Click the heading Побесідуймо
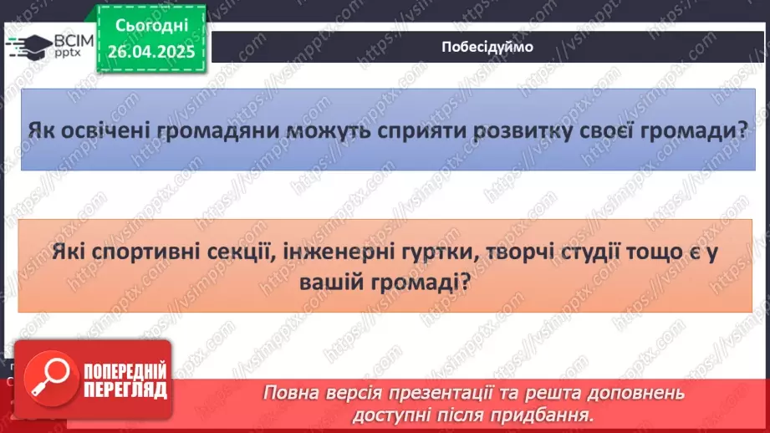[487, 47]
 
